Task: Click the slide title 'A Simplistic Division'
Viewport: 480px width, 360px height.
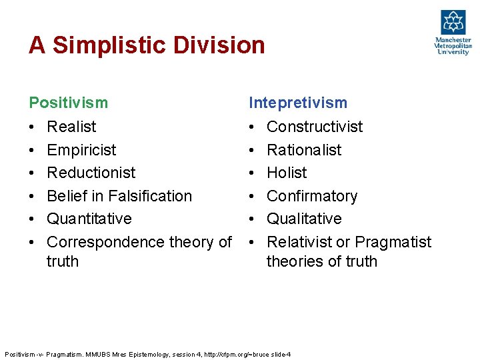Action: coord(147,45)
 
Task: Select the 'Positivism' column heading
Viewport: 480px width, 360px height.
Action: coord(68,103)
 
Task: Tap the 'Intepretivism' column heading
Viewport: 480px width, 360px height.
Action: coord(297,103)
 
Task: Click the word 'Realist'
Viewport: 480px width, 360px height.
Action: coord(71,127)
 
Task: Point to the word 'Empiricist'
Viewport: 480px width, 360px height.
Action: coord(81,150)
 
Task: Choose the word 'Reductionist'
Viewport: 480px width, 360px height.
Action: coord(91,173)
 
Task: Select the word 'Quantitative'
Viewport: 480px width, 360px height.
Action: coord(89,219)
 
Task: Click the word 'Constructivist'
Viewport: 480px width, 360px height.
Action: coord(315,127)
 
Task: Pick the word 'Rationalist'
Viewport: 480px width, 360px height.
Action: coord(304,150)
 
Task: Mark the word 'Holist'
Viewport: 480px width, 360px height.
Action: coord(287,173)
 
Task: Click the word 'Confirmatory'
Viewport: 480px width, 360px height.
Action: coord(312,196)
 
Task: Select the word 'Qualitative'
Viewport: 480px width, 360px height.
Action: coord(304,219)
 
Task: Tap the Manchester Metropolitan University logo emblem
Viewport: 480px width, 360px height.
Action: coord(453,23)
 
